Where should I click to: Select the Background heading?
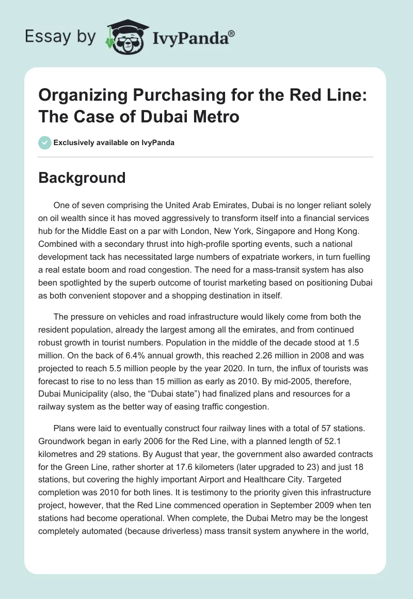pos(82,178)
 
